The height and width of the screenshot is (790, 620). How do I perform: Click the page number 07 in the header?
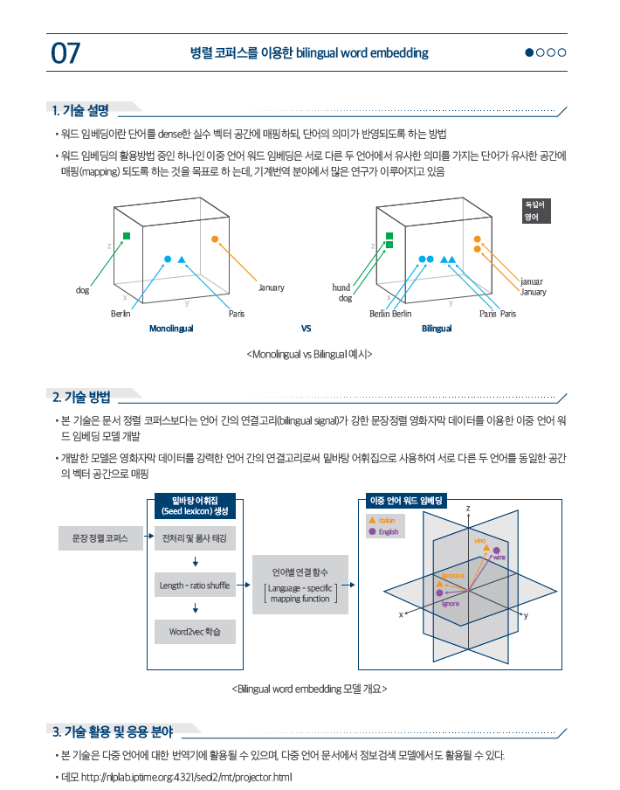click(x=65, y=53)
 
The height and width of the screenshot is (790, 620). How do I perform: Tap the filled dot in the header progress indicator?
click(x=529, y=52)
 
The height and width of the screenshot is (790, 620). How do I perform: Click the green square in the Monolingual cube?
click(x=127, y=236)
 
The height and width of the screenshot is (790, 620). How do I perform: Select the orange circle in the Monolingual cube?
click(x=215, y=239)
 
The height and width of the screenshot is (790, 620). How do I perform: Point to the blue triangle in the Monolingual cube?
click(x=182, y=260)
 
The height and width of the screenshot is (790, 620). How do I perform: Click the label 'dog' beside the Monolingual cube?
click(x=83, y=290)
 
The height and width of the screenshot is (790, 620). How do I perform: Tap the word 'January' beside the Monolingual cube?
click(x=272, y=288)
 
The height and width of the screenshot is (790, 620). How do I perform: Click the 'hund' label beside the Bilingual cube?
click(x=341, y=288)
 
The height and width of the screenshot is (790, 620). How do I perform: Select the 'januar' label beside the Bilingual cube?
click(x=532, y=281)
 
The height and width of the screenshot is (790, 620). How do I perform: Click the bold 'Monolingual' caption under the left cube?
click(x=171, y=329)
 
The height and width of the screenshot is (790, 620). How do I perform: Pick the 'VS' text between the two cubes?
click(x=306, y=329)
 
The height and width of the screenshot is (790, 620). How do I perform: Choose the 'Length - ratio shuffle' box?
click(x=195, y=586)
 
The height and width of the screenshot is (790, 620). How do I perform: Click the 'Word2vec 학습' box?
click(x=195, y=632)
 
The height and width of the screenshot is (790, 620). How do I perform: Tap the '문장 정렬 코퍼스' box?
click(x=100, y=538)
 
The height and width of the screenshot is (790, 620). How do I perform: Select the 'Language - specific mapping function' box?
click(x=300, y=585)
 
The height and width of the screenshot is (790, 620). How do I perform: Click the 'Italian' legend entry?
click(x=382, y=521)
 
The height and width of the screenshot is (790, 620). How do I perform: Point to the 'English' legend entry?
click(x=383, y=531)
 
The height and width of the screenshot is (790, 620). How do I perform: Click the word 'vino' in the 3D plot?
click(x=479, y=541)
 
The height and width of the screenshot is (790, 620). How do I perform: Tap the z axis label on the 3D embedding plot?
click(x=468, y=508)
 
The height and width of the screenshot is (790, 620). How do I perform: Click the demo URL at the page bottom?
click(x=186, y=777)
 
